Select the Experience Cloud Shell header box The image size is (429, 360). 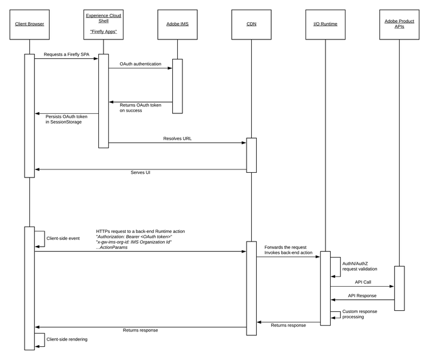pyautogui.click(x=104, y=24)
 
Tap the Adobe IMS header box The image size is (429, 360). pyautogui.click(x=177, y=24)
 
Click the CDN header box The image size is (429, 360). pyautogui.click(x=251, y=24)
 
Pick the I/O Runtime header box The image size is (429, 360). pyautogui.click(x=325, y=24)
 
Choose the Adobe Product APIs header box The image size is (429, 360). pyautogui.click(x=399, y=24)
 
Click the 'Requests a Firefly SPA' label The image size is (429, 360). pyautogui.click(x=66, y=53)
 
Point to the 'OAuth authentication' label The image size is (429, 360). pyautogui.click(x=140, y=64)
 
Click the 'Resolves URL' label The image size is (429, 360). pyautogui.click(x=177, y=138)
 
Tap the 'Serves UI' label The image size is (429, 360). pyautogui.click(x=140, y=172)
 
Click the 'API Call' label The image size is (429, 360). pyautogui.click(x=363, y=282)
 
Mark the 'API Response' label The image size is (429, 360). pyautogui.click(x=363, y=295)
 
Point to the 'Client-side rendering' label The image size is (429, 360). pyautogui.click(x=67, y=339)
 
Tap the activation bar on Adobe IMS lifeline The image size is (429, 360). pyautogui.click(x=177, y=86)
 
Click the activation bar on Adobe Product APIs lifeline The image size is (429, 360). pyautogui.click(x=399, y=287)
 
